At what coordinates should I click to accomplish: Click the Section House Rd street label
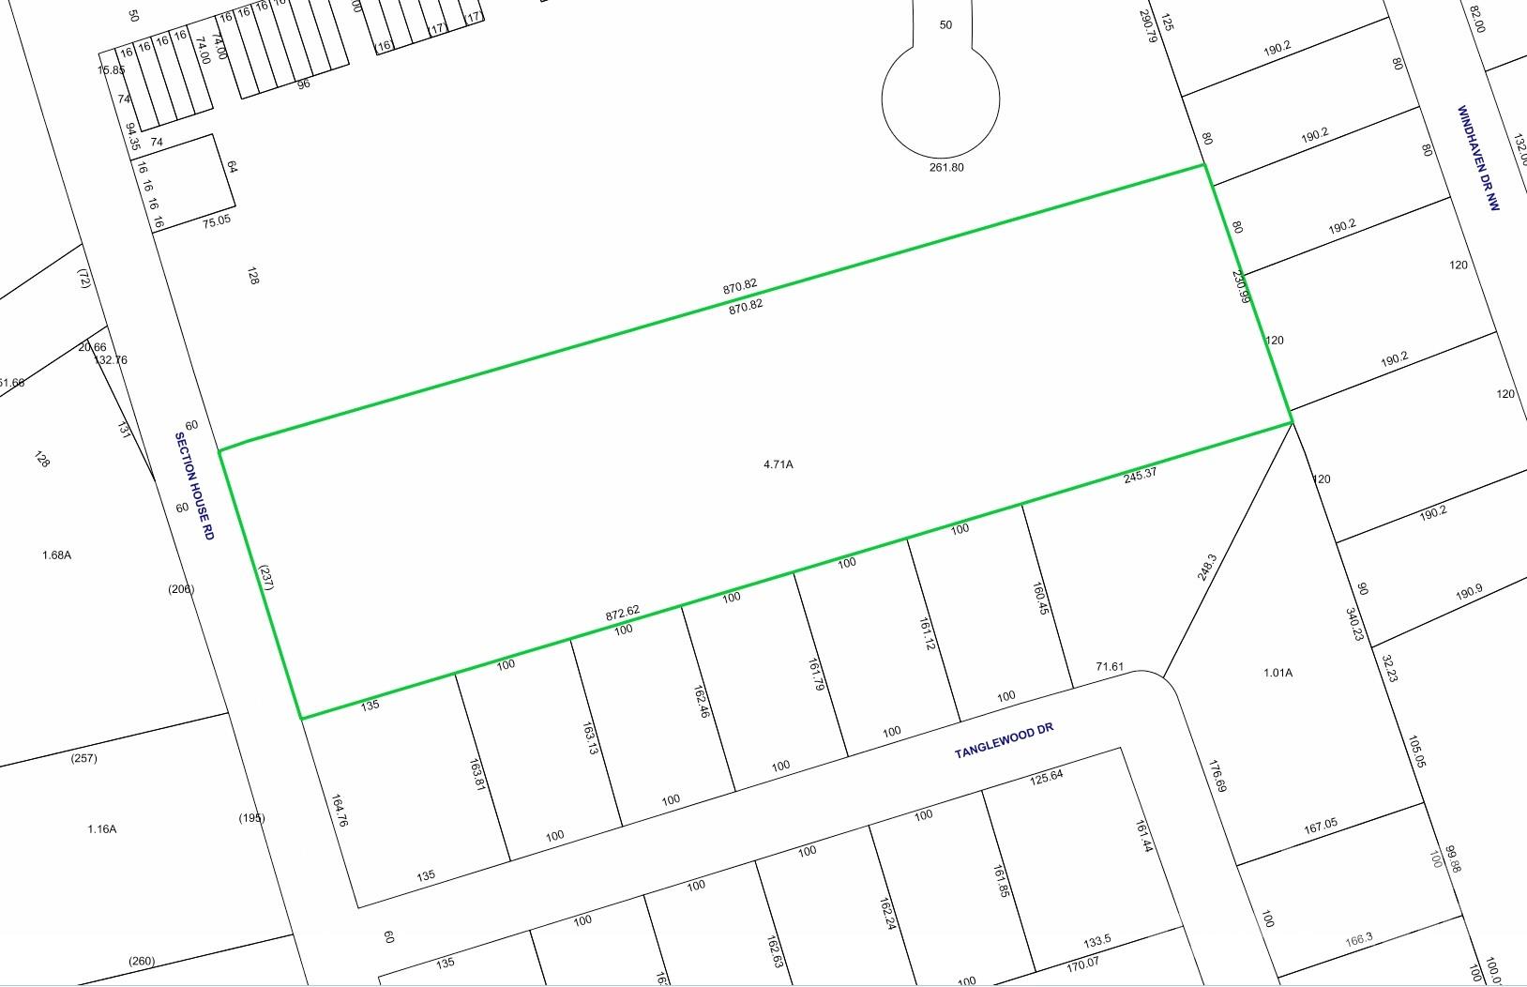[195, 486]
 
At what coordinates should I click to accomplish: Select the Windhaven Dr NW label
[1478, 158]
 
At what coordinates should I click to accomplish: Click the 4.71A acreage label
[778, 464]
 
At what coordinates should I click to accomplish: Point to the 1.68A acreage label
[56, 555]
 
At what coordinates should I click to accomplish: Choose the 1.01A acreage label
[1278, 673]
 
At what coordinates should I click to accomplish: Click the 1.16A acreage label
[101, 829]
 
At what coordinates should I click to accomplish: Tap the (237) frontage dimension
[265, 577]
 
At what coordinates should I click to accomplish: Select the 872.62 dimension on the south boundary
[623, 613]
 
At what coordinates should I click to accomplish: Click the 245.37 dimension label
[1140, 475]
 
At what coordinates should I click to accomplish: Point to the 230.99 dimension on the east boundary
[1241, 287]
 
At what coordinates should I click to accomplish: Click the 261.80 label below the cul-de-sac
[945, 168]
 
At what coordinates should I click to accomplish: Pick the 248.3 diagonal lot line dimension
[1207, 567]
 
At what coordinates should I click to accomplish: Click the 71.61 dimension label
[1110, 667]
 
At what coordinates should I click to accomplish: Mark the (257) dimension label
[83, 758]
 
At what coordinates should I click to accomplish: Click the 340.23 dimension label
[1354, 625]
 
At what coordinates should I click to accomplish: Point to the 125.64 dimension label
[1046, 778]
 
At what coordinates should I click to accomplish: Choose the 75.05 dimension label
[216, 221]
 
